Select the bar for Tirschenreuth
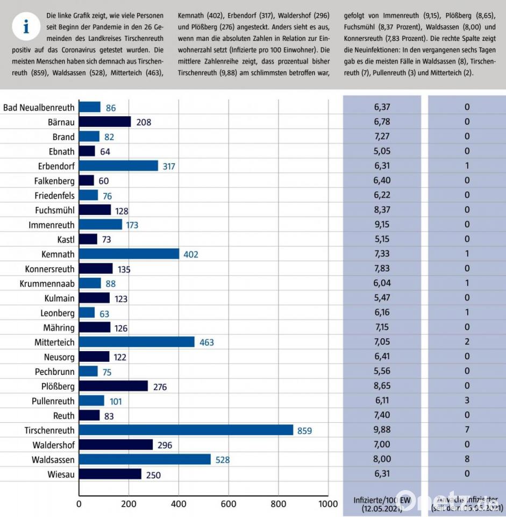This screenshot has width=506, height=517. [x=186, y=430]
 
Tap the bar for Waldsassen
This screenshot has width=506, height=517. [x=145, y=459]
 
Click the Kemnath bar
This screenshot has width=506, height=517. [x=129, y=254]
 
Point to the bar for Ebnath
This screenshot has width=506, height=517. [x=87, y=151]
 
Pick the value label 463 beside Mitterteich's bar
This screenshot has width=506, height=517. [x=206, y=342]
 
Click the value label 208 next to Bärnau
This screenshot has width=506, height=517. [x=144, y=122]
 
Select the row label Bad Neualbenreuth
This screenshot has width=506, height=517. [x=39, y=107]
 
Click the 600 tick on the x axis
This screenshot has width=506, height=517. [x=229, y=504]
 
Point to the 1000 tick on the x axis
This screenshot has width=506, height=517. [x=327, y=504]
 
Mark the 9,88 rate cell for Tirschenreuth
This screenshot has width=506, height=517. [x=382, y=430]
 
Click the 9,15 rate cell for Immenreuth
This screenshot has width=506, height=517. [x=382, y=225]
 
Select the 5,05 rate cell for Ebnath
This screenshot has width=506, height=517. [x=382, y=151]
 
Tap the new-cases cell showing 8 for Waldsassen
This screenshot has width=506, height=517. [x=467, y=459]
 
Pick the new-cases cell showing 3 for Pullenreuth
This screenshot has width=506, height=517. [x=467, y=401]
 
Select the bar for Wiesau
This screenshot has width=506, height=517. [x=110, y=474]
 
